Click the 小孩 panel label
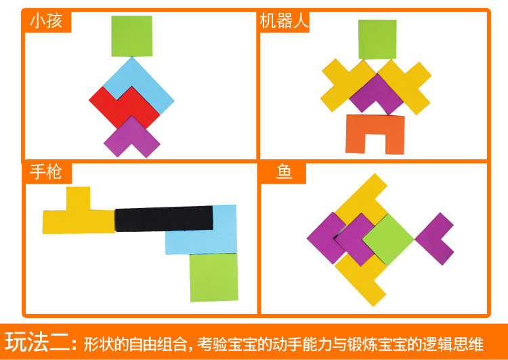click(46, 22)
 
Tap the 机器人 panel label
click(284, 22)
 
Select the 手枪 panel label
click(46, 172)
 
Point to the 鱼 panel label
click(284, 172)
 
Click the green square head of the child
click(132, 36)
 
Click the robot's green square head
click(377, 39)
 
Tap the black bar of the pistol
click(164, 218)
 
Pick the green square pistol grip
click(214, 277)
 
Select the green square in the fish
click(388, 240)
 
